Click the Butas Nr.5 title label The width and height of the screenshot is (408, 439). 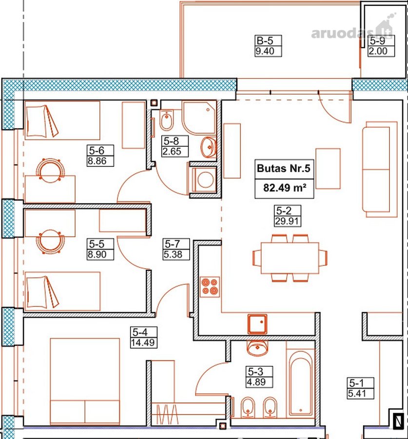[284, 168]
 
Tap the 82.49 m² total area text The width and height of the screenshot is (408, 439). [284, 187]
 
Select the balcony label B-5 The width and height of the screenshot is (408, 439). [265, 40]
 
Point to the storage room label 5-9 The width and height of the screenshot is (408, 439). [377, 41]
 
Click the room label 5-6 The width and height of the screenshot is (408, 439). [97, 151]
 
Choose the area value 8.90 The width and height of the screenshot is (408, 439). [97, 255]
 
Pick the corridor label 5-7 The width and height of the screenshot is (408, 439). [173, 244]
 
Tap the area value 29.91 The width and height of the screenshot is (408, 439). [287, 221]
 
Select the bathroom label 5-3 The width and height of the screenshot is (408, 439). [255, 372]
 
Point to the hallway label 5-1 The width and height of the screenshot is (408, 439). [356, 383]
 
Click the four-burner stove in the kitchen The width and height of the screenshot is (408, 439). [210, 287]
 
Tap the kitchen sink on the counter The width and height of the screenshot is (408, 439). [257, 324]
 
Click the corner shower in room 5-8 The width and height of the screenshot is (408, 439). [199, 118]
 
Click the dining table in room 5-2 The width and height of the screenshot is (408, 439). [290, 258]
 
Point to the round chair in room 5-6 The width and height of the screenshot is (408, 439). [50, 170]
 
